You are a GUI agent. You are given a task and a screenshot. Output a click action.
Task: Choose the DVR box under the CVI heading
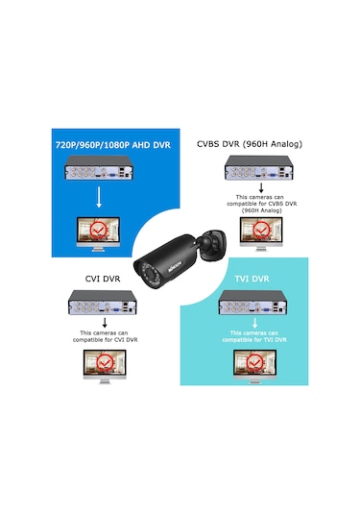[x=99, y=309]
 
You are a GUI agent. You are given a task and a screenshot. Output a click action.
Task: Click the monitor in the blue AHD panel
[x=99, y=233]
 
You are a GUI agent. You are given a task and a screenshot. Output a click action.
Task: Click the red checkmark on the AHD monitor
[x=99, y=231]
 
